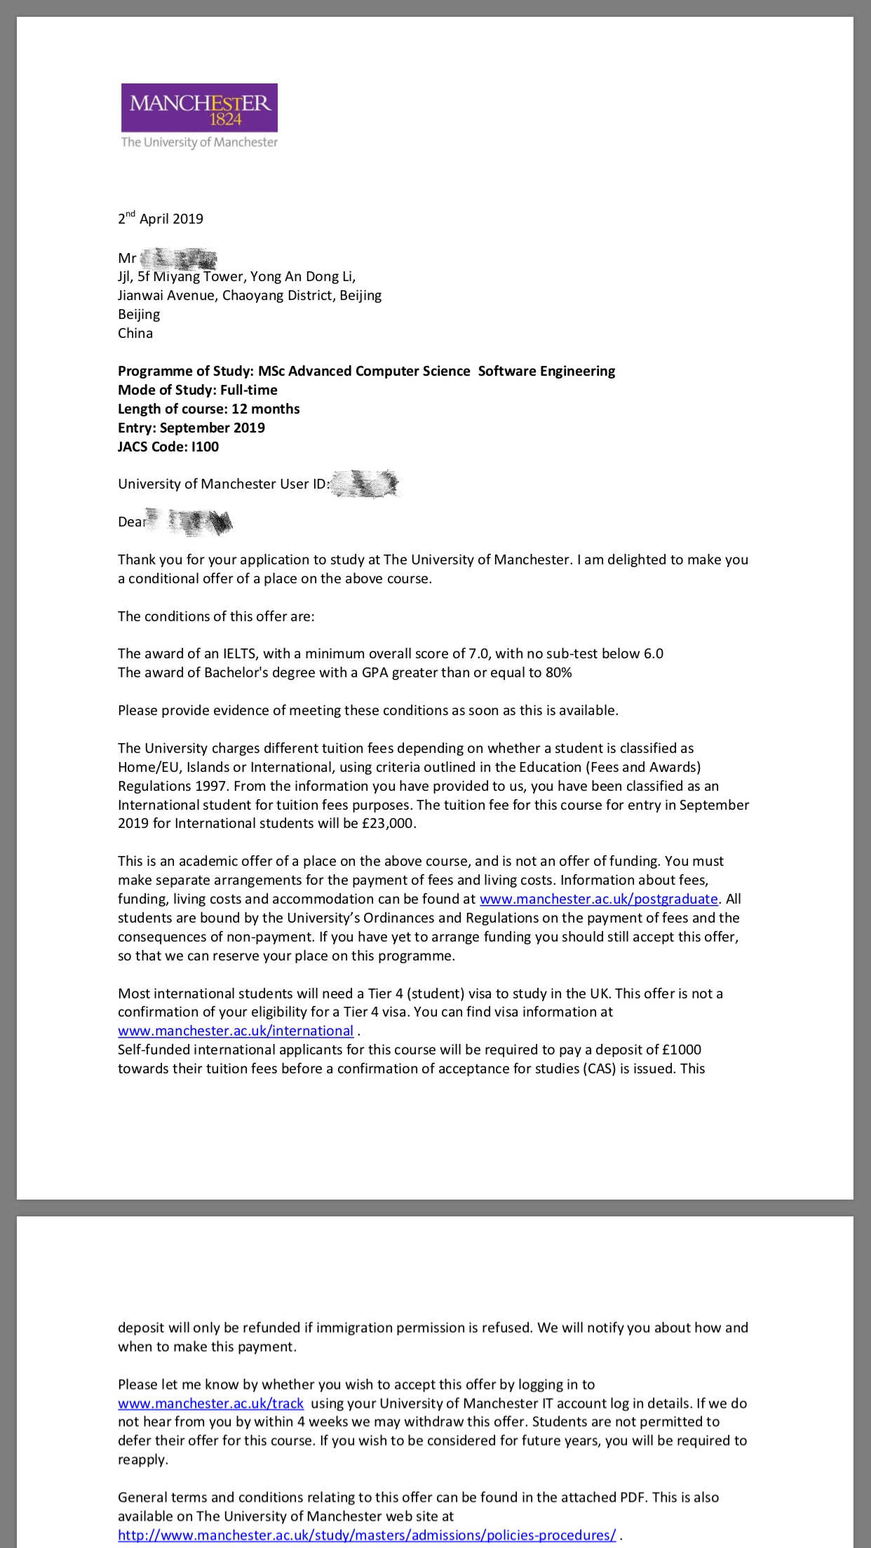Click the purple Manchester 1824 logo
[x=199, y=107]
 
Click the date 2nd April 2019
[x=161, y=218]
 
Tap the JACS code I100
[x=205, y=447]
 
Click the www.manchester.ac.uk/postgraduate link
[x=598, y=899]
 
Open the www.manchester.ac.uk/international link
[x=236, y=1031]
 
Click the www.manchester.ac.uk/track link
[x=210, y=1404]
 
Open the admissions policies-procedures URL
[x=367, y=1535]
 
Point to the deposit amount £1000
[x=682, y=1050]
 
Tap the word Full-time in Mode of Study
[x=249, y=390]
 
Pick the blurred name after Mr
[x=178, y=259]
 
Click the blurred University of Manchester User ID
[x=365, y=484]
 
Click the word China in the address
[x=135, y=333]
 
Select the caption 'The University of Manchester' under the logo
[x=199, y=142]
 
